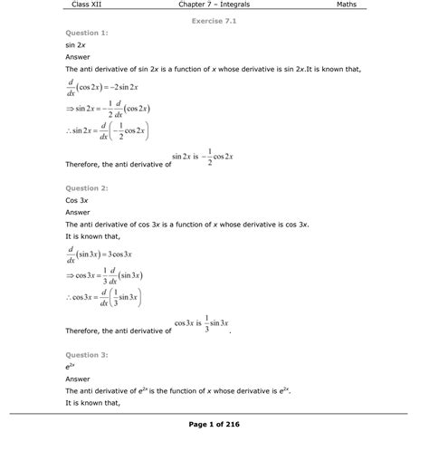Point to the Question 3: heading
(88, 354)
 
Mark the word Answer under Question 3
(79, 379)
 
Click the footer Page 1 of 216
(214, 424)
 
